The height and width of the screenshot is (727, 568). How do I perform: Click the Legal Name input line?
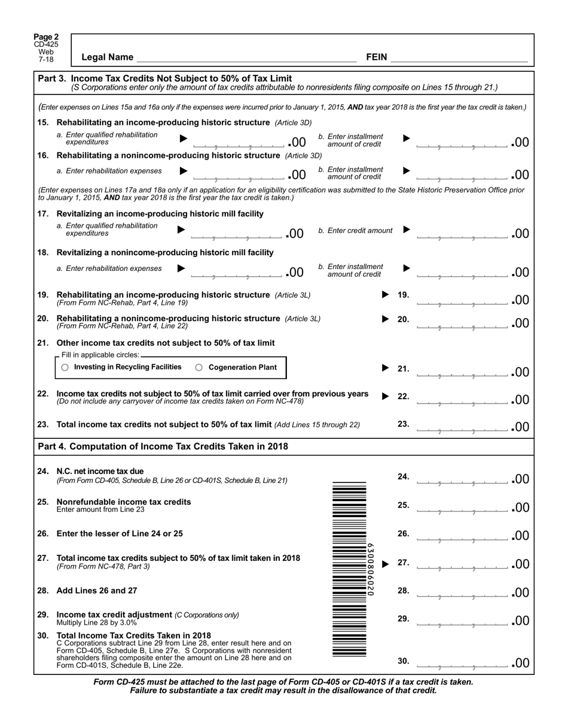click(x=246, y=57)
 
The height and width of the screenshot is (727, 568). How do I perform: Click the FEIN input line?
click(x=459, y=57)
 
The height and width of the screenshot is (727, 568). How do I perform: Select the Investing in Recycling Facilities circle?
click(x=65, y=368)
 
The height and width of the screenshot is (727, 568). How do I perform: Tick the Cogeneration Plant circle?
click(x=199, y=368)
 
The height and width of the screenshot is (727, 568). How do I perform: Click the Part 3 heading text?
click(x=165, y=78)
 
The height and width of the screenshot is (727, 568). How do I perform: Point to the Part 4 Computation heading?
click(x=163, y=447)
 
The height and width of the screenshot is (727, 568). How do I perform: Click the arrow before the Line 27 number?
click(x=386, y=563)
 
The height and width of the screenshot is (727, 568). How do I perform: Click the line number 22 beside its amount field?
click(x=403, y=396)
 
